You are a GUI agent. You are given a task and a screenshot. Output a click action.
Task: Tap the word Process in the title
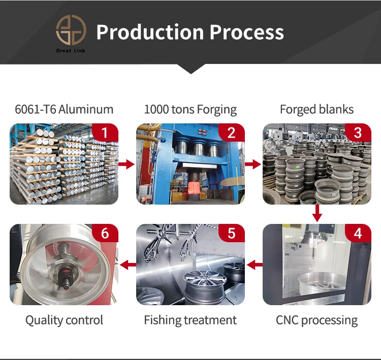pyautogui.click(x=245, y=32)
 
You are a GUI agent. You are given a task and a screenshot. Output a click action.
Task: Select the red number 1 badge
pyautogui.click(x=105, y=133)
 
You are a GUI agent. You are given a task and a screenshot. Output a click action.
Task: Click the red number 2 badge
pyautogui.click(x=232, y=133)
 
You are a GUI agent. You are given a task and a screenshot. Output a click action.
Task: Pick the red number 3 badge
pyautogui.click(x=358, y=133)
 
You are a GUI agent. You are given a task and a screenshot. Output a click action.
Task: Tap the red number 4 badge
pyautogui.click(x=358, y=234)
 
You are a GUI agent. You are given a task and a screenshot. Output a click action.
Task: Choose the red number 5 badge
pyautogui.click(x=232, y=234)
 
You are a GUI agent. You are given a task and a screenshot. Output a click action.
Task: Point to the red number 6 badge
pyautogui.click(x=105, y=234)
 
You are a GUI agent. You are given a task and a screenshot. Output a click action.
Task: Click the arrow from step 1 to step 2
pyautogui.click(x=127, y=164)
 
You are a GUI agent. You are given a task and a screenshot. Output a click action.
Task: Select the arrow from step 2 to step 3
pyautogui.click(x=253, y=164)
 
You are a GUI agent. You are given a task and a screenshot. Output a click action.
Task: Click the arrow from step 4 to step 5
pyautogui.click(x=253, y=265)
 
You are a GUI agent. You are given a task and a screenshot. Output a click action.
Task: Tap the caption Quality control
pyautogui.click(x=64, y=320)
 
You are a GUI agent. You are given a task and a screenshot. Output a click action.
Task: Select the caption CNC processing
pyautogui.click(x=316, y=320)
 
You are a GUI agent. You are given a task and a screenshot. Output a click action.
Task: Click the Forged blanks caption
pyautogui.click(x=316, y=109)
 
